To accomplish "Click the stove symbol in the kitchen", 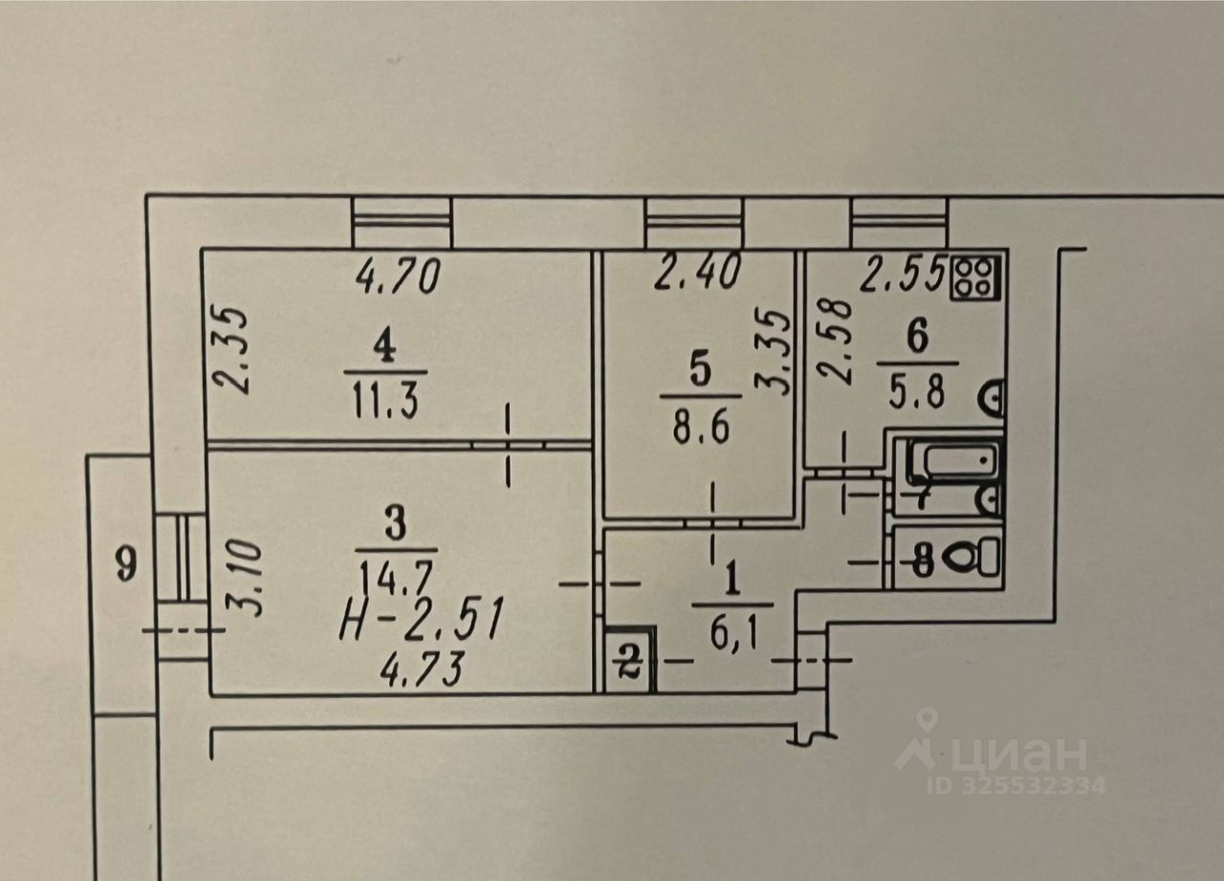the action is click(976, 275).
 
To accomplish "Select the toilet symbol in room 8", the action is click(976, 555).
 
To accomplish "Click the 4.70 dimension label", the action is click(398, 276).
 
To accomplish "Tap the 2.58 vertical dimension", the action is click(839, 341).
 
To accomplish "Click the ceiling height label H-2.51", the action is click(420, 622).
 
